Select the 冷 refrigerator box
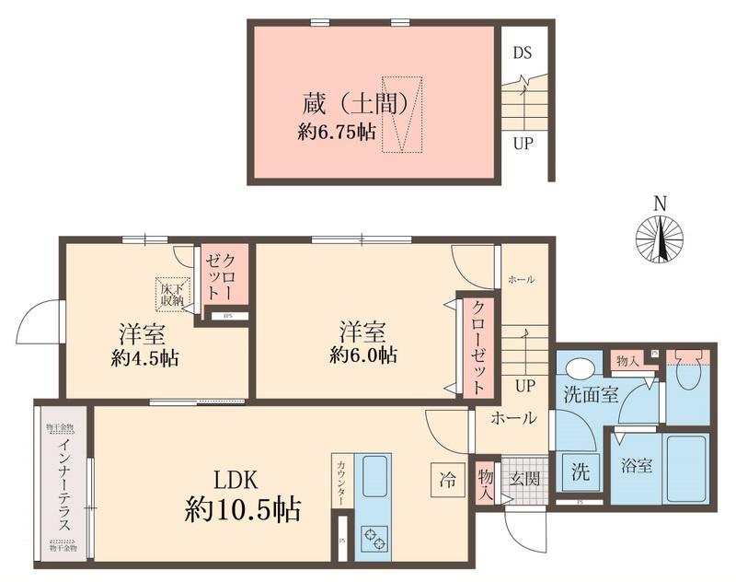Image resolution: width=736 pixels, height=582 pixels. [x=447, y=479]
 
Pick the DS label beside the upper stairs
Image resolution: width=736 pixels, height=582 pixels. [x=523, y=52]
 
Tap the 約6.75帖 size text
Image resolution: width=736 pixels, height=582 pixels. [x=336, y=131]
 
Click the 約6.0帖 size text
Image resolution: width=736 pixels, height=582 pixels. [x=366, y=355]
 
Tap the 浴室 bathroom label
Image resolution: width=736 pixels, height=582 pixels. [x=638, y=466]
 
